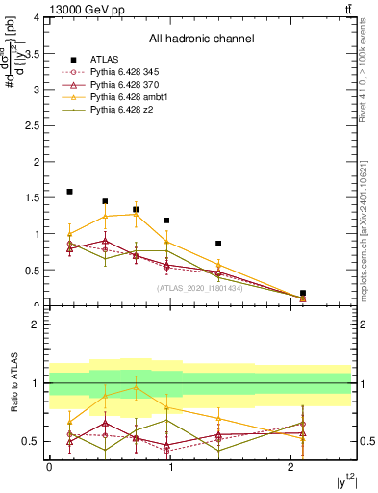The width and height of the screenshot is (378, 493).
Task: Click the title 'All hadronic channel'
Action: point(200,39)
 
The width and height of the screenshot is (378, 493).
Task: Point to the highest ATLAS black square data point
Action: point(69,192)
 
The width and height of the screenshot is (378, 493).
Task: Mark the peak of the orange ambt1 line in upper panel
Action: point(136,214)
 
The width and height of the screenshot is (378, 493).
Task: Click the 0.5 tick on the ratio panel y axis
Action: point(36,442)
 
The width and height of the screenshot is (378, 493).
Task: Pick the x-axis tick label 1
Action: point(170,466)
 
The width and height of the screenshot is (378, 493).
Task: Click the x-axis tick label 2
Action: point(291,466)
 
